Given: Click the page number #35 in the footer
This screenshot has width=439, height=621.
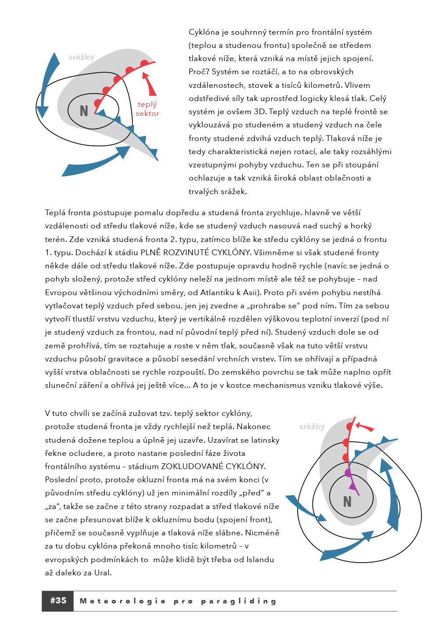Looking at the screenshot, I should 58,600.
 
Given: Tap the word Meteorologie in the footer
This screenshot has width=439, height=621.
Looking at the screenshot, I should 122,601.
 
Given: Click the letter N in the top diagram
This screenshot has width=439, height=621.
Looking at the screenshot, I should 84,111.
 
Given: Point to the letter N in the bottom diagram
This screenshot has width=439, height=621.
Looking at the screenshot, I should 347,502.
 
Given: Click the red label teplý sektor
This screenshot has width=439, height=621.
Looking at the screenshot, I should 147,108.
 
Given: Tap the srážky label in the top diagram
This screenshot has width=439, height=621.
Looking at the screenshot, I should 81,57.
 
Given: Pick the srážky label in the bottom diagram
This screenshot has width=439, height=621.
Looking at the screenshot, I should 312,426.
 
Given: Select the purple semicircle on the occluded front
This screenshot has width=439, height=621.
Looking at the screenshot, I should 348,473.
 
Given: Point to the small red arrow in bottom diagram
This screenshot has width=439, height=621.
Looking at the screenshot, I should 364,426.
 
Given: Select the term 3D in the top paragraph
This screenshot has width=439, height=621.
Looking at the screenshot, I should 259,112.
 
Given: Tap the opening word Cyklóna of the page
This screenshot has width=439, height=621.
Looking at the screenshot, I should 204,32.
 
